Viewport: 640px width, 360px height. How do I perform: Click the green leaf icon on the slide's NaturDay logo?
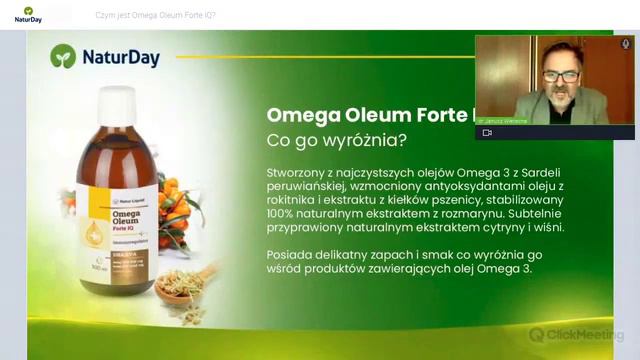63,56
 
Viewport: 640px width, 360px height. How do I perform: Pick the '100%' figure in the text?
284,213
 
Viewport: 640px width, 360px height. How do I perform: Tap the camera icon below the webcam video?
487,132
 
